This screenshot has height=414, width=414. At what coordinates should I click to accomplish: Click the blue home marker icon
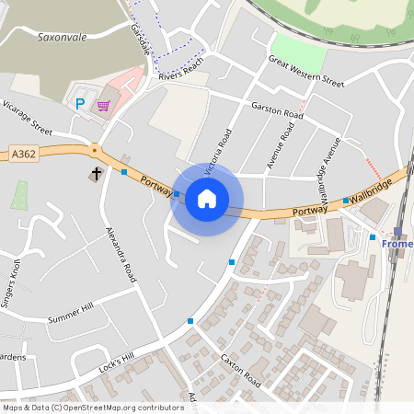207,199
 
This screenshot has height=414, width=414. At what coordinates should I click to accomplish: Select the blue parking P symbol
80,104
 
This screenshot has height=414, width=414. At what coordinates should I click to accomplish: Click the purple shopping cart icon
104,106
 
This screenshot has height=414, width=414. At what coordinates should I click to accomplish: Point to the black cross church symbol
95,174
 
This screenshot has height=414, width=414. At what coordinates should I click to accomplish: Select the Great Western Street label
305,71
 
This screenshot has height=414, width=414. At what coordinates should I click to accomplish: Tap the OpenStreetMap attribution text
93,407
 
